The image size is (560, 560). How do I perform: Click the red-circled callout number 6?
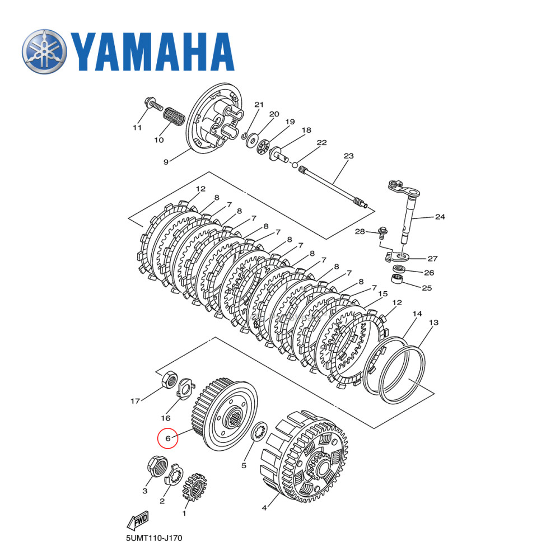(x=167, y=438)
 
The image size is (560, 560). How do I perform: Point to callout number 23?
(x=349, y=156)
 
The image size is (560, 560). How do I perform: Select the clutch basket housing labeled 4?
(x=305, y=454)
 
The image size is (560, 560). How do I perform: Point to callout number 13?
(x=433, y=323)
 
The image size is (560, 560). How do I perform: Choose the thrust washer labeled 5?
(x=259, y=432)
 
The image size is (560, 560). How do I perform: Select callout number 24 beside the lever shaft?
(x=440, y=216)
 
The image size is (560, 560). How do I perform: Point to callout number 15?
(x=382, y=293)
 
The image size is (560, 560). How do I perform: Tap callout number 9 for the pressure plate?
(x=166, y=162)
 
